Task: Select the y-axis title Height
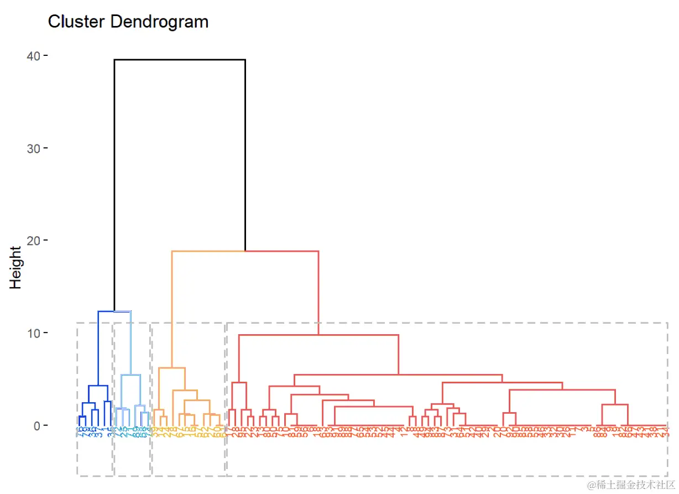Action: pyautogui.click(x=15, y=268)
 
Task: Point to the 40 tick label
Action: pyautogui.click(x=33, y=56)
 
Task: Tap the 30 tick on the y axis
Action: pyautogui.click(x=33, y=148)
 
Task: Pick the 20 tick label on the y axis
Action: pyautogui.click(x=33, y=240)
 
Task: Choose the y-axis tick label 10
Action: pyautogui.click(x=33, y=332)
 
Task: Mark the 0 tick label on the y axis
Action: pyautogui.click(x=36, y=425)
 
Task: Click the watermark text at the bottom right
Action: pyautogui.click(x=630, y=485)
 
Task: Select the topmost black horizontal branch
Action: pyautogui.click(x=180, y=59)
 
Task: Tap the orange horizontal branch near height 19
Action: pyautogui.click(x=208, y=251)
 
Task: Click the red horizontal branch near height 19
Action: pyautogui.click(x=282, y=251)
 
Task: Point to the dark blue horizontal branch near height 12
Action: pyautogui.click(x=106, y=311)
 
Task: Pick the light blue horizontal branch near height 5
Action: pyautogui.click(x=131, y=375)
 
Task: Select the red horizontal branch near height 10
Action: pyautogui.click(x=318, y=335)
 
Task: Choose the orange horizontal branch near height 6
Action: pyautogui.click(x=172, y=368)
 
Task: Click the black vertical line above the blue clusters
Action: pyautogui.click(x=114, y=183)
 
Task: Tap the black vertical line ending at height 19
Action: pyautogui.click(x=245, y=155)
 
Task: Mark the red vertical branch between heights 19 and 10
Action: pyautogui.click(x=318, y=293)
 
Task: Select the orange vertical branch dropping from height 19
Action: pyautogui.click(x=172, y=310)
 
